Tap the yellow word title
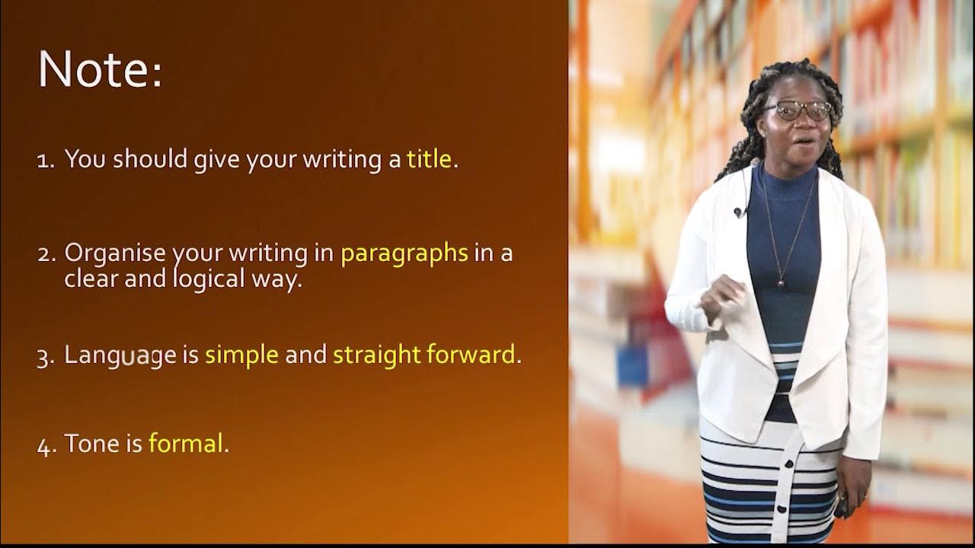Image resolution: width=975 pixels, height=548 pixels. point(429,160)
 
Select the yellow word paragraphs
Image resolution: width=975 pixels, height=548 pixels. point(404,253)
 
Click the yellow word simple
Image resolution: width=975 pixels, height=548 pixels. point(241,355)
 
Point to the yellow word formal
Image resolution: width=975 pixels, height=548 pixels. point(186,444)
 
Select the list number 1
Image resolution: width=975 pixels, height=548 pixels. point(44,161)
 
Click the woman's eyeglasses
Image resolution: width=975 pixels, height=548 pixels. point(798,111)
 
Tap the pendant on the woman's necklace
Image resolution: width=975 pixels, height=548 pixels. point(779,282)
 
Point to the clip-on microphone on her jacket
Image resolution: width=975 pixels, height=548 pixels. point(737,212)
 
